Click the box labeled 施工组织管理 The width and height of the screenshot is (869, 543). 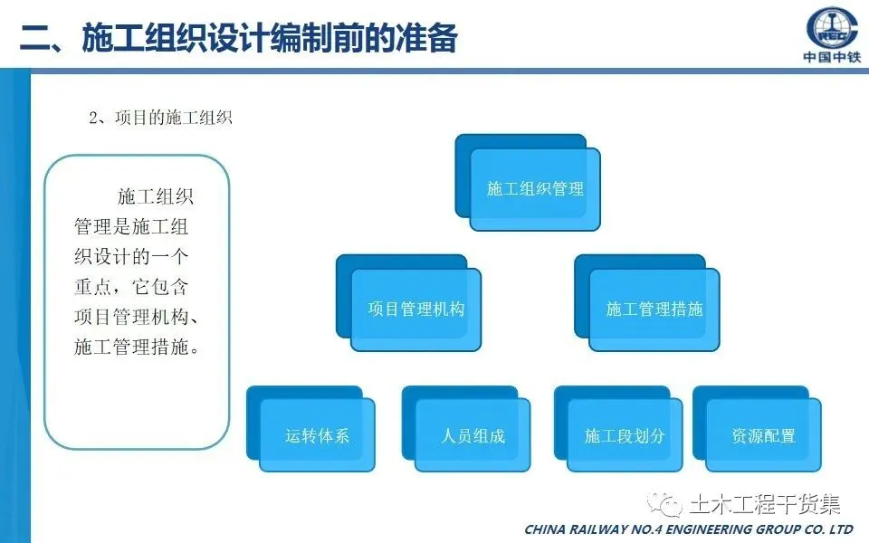(535, 189)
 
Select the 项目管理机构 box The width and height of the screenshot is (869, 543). (415, 310)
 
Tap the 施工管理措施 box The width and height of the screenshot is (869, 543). (654, 310)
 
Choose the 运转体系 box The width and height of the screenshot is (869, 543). (317, 435)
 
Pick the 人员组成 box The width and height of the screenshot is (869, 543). (473, 435)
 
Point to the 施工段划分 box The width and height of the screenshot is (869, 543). (625, 435)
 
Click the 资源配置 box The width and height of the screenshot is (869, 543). (763, 435)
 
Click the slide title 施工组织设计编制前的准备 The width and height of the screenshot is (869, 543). (270, 37)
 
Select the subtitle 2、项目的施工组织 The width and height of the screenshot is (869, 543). (160, 118)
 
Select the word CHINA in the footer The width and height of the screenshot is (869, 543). (549, 529)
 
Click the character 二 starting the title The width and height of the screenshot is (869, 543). (34, 38)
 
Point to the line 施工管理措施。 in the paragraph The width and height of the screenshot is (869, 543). (136, 347)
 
